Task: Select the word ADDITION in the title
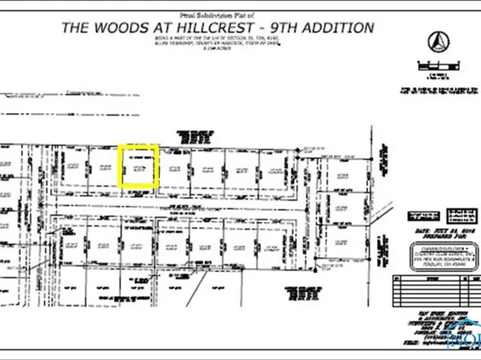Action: click(343, 27)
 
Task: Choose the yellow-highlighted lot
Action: click(138, 167)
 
